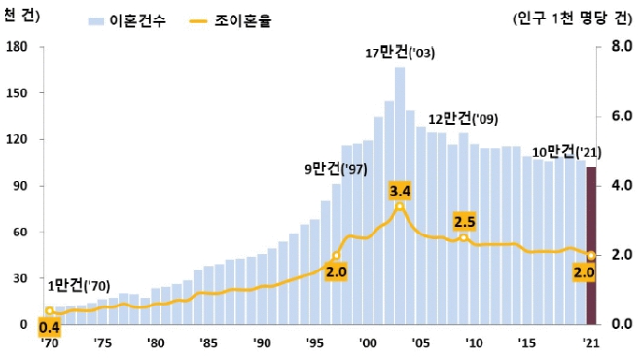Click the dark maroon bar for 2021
pos(590,246)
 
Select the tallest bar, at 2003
pos(400,195)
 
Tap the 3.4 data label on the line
pos(399,189)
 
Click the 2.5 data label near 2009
pos(464,221)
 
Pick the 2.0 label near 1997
pos(336,273)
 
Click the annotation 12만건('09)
pos(464,119)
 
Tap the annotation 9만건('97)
pos(337,169)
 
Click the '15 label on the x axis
pos(527,342)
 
